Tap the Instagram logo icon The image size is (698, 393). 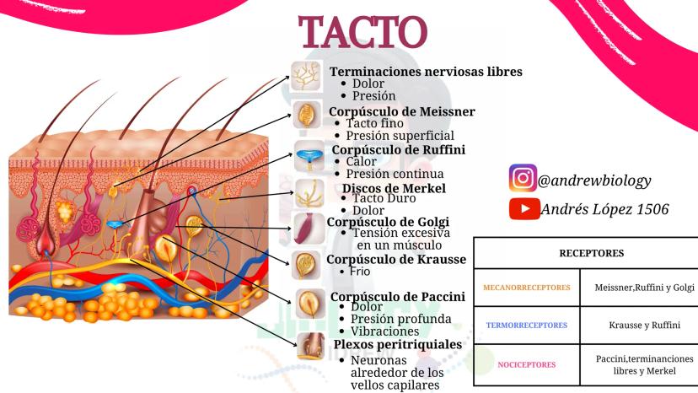point(522,179)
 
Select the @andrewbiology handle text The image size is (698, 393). point(594,180)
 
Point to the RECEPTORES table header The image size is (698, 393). point(585,252)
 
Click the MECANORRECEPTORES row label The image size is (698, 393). point(528,288)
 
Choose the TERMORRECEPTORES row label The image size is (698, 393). point(528,325)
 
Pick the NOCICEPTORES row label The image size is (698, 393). point(528,365)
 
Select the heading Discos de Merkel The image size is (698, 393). point(394,187)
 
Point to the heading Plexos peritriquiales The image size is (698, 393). point(397,344)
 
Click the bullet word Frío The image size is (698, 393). point(361,272)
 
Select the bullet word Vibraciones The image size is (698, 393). point(383,331)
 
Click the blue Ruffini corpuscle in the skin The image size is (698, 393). point(115,224)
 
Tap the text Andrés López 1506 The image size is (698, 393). point(604,209)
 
